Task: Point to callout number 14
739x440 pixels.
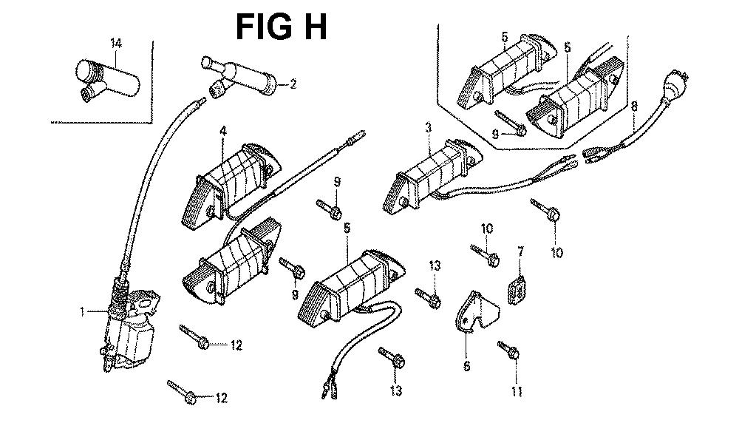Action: (x=115, y=44)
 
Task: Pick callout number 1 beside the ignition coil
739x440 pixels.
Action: (x=83, y=312)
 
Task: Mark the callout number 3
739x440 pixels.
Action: (x=428, y=128)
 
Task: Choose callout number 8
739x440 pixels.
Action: (x=634, y=106)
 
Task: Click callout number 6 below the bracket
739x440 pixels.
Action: (x=466, y=365)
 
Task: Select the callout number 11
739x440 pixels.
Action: (x=517, y=390)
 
